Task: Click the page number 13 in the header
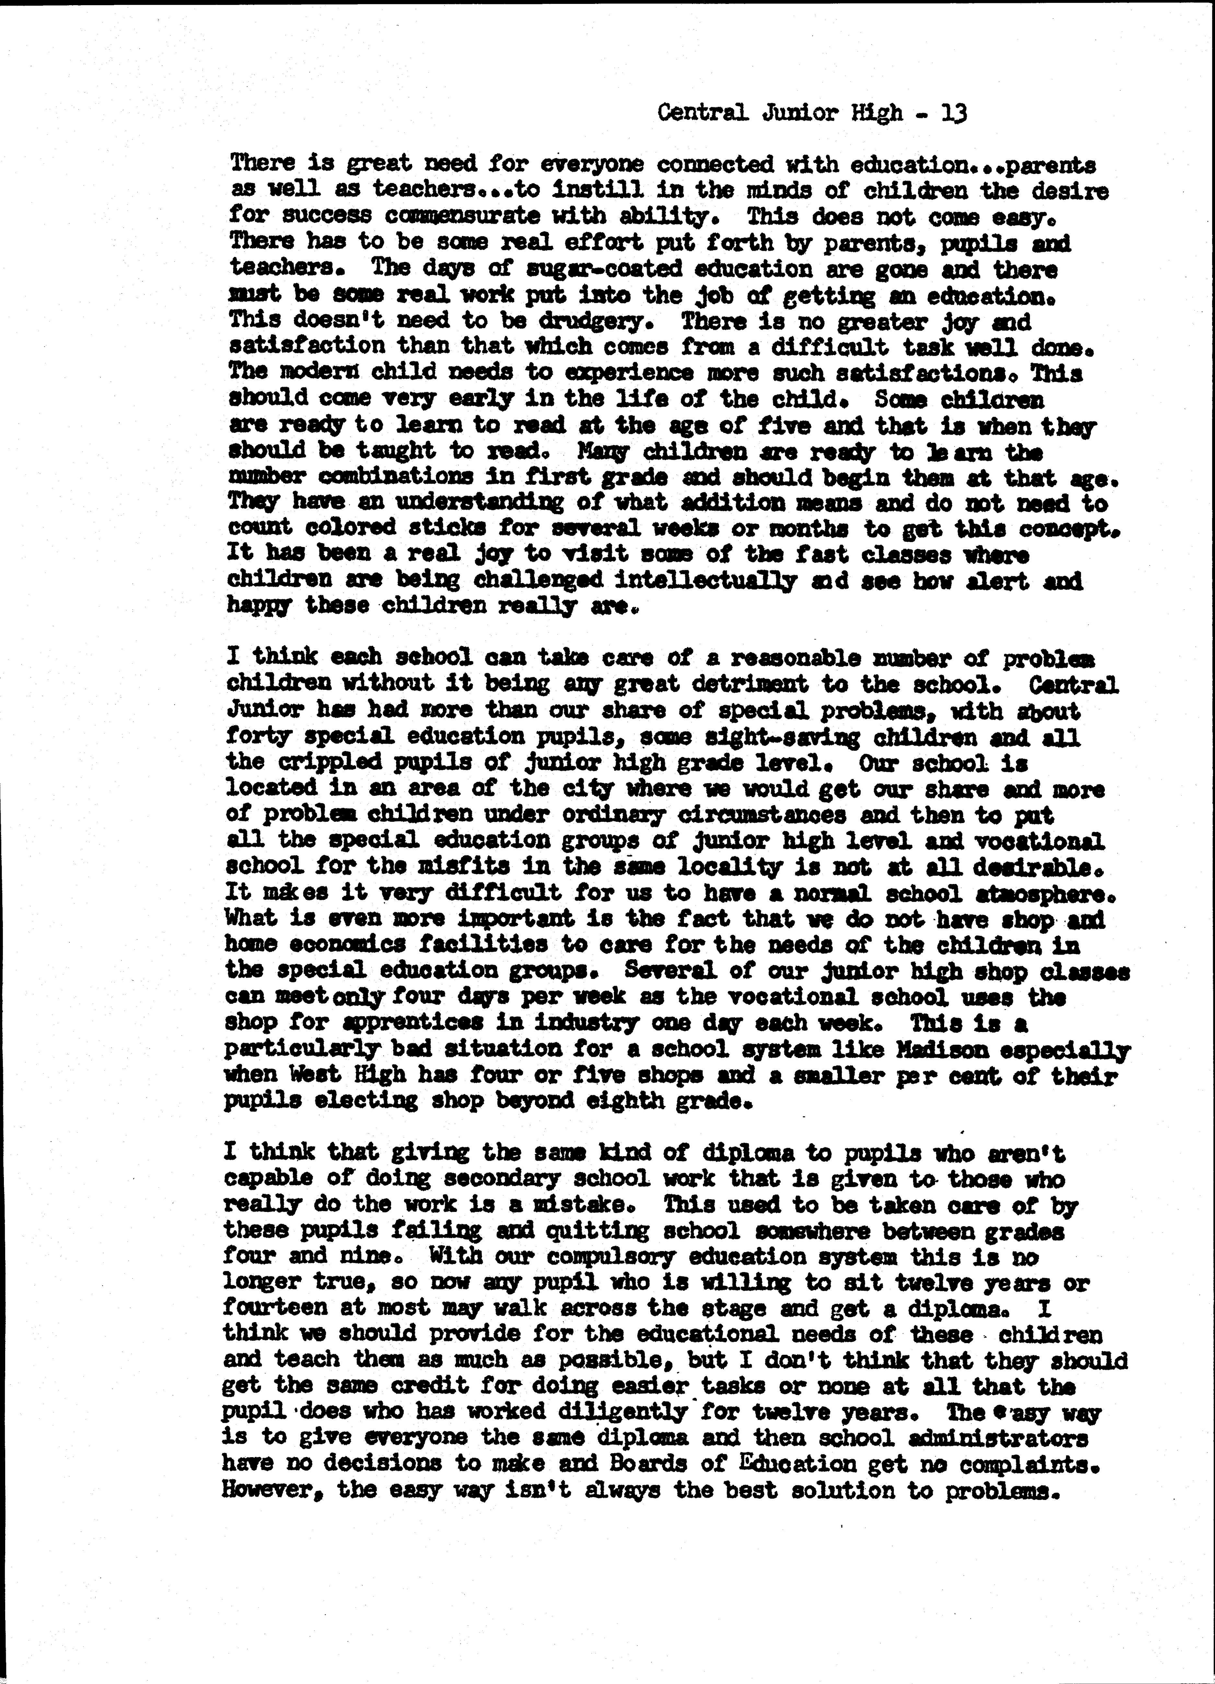pyautogui.click(x=954, y=114)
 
